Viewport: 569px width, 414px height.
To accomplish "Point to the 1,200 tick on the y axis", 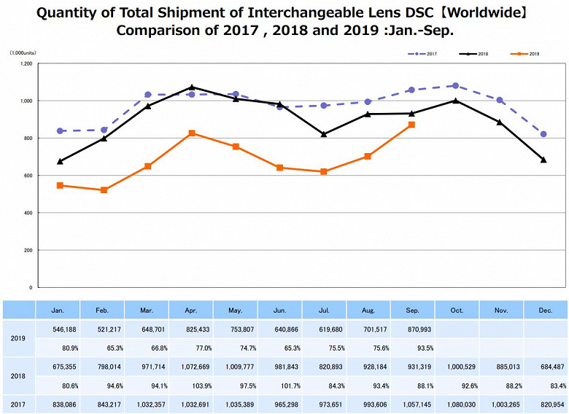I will coord(26,63).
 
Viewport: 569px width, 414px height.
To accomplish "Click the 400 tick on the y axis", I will coord(28,213).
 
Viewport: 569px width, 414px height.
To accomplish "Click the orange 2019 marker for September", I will coord(411,125).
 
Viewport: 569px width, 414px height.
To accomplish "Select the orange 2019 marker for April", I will coord(191,133).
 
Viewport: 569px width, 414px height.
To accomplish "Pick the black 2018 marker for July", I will coord(323,134).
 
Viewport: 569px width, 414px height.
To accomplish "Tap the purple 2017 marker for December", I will coord(543,134).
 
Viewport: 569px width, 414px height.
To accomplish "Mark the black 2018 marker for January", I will coord(60,161).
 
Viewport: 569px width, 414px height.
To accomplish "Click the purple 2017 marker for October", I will coord(456,86).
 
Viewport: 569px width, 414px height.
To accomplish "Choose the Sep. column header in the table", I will coord(413,310).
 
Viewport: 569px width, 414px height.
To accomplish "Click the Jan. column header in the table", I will coord(58,310).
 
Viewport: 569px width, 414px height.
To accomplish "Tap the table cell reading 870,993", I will coord(413,329).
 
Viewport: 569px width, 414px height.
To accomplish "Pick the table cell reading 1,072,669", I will coord(191,367).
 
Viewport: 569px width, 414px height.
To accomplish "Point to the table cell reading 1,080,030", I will coord(457,403).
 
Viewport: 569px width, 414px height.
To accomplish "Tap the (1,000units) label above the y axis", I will coord(23,53).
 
